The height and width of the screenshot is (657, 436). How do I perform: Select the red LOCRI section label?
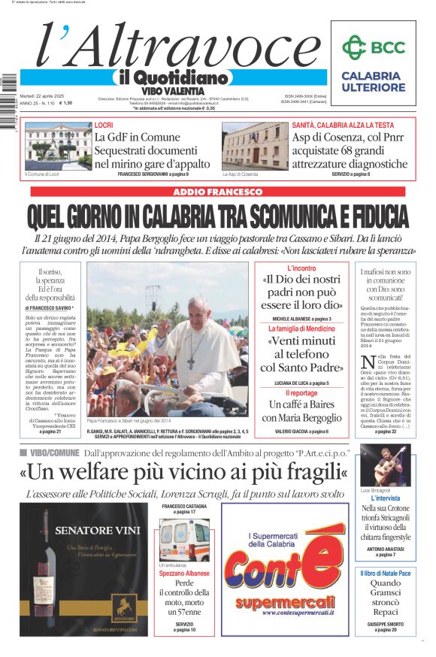103,125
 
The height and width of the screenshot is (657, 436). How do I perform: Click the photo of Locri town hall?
57,147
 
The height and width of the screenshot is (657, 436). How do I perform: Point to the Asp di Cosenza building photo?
254,147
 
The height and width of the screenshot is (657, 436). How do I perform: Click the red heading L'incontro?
301,268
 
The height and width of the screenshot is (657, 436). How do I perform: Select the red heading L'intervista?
385,498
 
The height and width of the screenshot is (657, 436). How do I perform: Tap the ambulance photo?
184,539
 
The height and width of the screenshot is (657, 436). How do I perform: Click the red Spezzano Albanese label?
184,574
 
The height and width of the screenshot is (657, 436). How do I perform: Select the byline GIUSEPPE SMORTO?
385,623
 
